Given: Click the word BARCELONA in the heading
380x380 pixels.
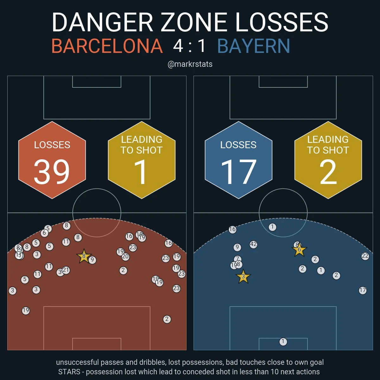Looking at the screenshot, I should [x=107, y=46].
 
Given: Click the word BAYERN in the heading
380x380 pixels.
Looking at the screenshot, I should [x=254, y=46].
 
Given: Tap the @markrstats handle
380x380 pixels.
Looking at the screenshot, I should [x=190, y=64].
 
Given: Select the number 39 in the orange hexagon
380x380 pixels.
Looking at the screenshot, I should [x=52, y=172].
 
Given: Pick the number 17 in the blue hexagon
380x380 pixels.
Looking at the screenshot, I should [x=238, y=172].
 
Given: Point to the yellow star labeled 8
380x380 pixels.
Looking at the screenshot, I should [x=84, y=256].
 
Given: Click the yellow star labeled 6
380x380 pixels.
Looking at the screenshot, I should [x=299, y=250].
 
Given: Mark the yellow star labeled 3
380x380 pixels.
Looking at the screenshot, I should [x=243, y=277].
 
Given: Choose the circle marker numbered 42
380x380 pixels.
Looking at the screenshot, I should [x=253, y=244].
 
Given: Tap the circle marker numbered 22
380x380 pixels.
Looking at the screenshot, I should [x=365, y=256].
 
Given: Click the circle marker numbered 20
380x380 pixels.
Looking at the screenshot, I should [x=125, y=256].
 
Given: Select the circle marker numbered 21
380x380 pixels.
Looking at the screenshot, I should [x=66, y=270].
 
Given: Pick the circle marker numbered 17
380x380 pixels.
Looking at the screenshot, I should [x=363, y=290].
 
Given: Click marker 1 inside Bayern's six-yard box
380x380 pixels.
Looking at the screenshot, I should [x=283, y=342].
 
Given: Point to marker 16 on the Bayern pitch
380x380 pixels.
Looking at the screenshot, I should [x=232, y=230].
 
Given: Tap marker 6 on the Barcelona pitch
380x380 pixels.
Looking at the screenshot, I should [x=44, y=233].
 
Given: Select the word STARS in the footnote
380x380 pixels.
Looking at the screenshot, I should [x=69, y=372].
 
